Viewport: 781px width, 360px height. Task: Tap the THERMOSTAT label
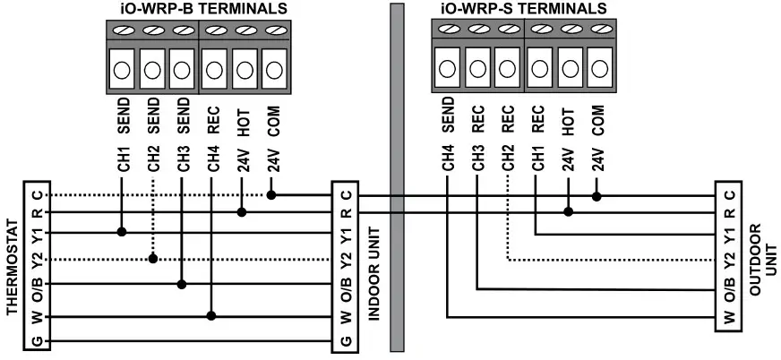12,268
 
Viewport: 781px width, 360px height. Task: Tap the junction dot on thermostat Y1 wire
122,232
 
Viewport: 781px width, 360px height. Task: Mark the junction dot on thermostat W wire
211,315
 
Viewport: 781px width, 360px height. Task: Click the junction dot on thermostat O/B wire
182,285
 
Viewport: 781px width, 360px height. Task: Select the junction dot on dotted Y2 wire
153,259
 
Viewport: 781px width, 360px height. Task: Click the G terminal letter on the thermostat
35,342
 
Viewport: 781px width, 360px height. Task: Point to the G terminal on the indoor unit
346,342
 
